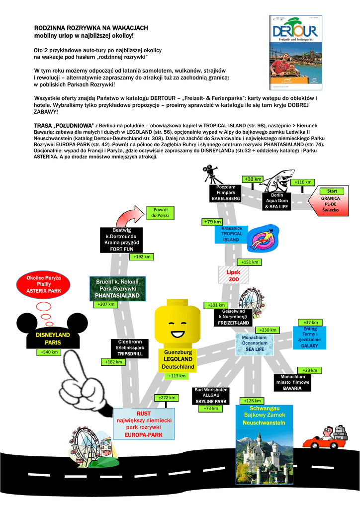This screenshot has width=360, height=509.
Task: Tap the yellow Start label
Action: click(332, 191)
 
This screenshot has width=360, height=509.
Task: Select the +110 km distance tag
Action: click(302, 182)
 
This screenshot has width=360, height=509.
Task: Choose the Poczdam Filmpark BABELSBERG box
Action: click(225, 192)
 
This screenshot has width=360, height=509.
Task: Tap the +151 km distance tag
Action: click(249, 262)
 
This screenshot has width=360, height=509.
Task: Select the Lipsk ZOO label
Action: click(233, 276)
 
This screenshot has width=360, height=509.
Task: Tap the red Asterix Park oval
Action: click(43, 284)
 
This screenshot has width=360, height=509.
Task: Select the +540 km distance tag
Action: click(50, 352)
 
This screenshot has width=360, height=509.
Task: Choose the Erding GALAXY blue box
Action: click(309, 337)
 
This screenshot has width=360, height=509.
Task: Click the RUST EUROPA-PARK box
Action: click(144, 424)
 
